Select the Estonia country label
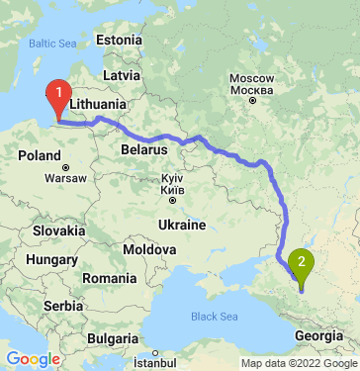121,40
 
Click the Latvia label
121,74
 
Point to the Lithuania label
98,103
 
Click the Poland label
40,156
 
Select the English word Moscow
250,77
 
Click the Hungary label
45,258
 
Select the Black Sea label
216,317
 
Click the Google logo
33,358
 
